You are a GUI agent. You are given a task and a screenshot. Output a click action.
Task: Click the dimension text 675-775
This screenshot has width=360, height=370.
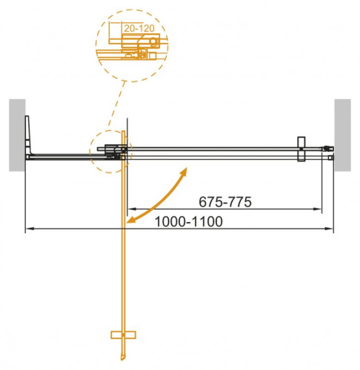227,201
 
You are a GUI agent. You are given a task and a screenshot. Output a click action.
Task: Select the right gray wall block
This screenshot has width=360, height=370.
342,135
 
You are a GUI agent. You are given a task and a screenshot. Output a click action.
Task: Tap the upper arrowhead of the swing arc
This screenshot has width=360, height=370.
183,171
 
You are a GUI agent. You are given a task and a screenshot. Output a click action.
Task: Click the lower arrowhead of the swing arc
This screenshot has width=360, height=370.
130,221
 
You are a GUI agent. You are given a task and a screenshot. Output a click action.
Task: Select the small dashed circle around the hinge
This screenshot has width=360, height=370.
110,151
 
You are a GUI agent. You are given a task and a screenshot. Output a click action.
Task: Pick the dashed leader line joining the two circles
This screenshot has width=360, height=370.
118,104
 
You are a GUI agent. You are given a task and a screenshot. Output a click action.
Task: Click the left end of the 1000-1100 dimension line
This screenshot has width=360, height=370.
27,229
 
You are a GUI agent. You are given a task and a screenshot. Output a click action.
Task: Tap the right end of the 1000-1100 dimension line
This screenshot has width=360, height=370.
332,229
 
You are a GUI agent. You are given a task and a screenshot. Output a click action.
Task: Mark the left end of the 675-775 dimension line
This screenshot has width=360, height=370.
128,209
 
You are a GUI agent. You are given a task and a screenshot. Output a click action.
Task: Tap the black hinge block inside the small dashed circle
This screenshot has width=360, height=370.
114,151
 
